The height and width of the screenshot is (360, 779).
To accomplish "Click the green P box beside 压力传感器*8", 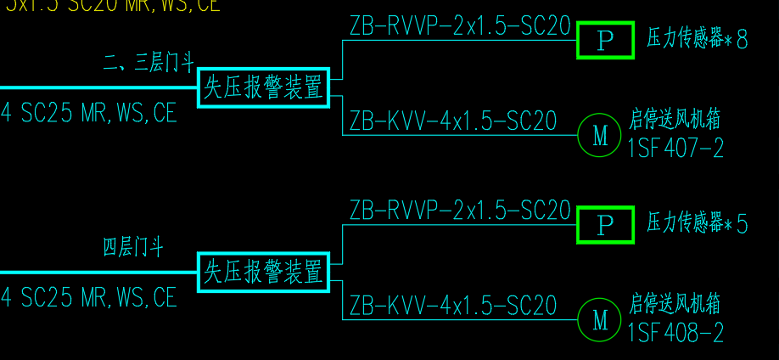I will coord(605,40).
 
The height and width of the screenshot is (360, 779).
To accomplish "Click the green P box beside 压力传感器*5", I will coord(605,225).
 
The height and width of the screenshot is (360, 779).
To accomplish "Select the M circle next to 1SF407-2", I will coord(600,135).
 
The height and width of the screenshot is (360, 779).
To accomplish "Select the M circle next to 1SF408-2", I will coord(600,320).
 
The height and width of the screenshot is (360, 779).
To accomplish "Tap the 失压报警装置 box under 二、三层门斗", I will coord(263,87).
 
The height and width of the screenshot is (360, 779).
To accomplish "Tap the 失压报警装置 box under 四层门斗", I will coord(263,273).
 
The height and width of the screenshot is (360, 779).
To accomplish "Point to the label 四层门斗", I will coord(133,248).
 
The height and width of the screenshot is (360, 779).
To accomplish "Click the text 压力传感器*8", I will coord(698,39).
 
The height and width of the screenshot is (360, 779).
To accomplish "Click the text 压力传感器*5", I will coord(698,224).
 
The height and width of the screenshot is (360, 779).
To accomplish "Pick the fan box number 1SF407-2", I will coord(676,149).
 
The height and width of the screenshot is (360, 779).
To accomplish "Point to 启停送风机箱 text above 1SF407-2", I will coord(675,119).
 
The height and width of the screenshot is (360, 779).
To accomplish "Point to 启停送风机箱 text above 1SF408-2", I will coord(675,303).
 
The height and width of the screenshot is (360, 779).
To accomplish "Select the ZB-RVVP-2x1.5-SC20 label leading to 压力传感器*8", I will coord(459,26).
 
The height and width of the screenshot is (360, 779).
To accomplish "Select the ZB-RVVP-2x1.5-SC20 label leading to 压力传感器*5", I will coord(459,211).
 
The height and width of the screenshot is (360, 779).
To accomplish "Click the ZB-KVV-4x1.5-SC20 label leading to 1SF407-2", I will coord(453,121).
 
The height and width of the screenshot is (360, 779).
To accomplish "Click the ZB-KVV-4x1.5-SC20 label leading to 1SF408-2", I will coord(453,306).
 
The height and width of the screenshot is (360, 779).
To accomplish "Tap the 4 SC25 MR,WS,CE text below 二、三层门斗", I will coord(89,113).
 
